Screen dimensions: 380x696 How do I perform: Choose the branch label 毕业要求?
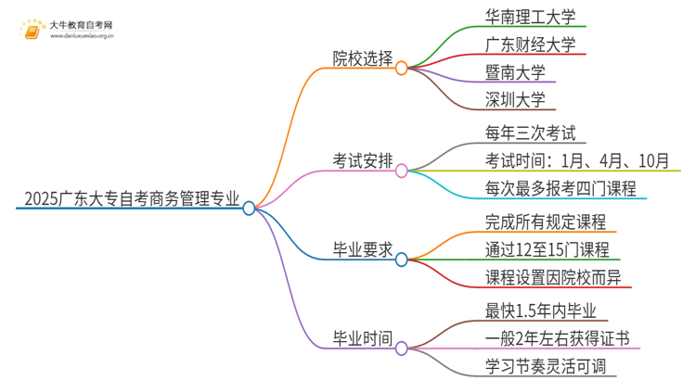(x=363, y=248)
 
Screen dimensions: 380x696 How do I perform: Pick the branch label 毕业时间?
(x=363, y=337)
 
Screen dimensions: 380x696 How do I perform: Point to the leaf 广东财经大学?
(x=531, y=44)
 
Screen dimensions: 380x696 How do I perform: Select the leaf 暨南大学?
(x=515, y=71)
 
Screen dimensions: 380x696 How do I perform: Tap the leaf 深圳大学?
(x=515, y=99)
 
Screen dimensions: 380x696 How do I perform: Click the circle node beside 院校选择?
(x=402, y=67)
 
